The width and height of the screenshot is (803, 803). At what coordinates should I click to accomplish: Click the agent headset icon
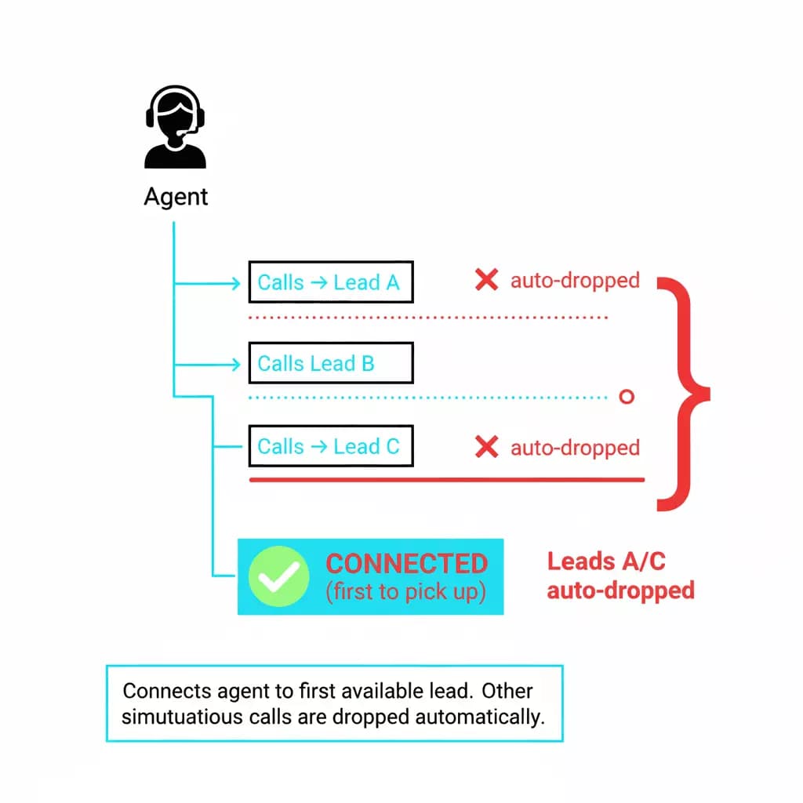pyautogui.click(x=176, y=127)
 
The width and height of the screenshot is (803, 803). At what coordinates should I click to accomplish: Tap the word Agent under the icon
pyautogui.click(x=176, y=196)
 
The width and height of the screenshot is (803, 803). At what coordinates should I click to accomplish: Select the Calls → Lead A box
pyautogui.click(x=330, y=282)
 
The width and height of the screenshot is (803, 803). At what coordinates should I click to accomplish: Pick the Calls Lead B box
pyautogui.click(x=330, y=364)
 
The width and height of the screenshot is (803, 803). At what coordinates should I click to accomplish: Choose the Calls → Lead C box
pyautogui.click(x=330, y=446)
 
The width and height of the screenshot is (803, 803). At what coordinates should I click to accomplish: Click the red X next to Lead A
pyautogui.click(x=486, y=280)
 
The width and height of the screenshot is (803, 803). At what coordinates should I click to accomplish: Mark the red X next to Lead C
pyautogui.click(x=486, y=447)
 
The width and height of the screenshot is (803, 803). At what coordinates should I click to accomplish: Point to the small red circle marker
pyautogui.click(x=626, y=397)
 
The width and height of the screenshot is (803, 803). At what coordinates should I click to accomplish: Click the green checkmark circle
pyautogui.click(x=278, y=576)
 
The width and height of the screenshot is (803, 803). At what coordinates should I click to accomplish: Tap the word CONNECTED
pyautogui.click(x=406, y=564)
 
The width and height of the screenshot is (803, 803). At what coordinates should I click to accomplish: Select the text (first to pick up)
pyautogui.click(x=405, y=592)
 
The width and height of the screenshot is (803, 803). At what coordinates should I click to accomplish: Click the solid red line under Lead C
pyautogui.click(x=446, y=479)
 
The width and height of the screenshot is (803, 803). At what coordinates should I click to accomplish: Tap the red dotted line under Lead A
pyautogui.click(x=428, y=318)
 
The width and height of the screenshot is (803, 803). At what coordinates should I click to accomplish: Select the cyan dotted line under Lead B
pyautogui.click(x=428, y=398)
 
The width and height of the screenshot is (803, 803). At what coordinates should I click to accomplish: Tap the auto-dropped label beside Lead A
pyautogui.click(x=575, y=280)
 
